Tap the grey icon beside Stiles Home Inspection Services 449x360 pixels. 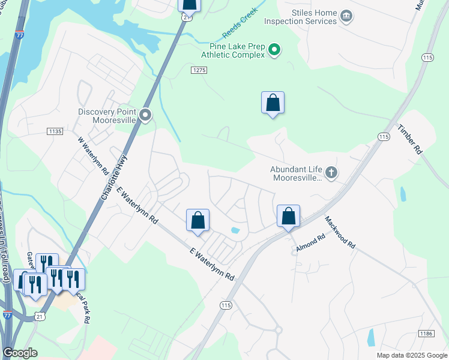[x=346, y=16]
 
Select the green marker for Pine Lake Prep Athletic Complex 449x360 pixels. [x=274, y=50]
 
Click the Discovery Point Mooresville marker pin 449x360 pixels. [x=145, y=115]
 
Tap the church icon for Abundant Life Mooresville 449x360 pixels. [x=331, y=174]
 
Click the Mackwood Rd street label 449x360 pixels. [x=340, y=232]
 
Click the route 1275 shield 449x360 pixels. [x=199, y=71]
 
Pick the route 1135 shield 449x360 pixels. [x=55, y=131]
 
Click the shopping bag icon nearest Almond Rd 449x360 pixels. [x=288, y=217]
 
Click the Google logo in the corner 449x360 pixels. [x=20, y=353]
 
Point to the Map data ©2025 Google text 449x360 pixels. [x=411, y=355]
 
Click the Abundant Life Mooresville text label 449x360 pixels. [x=297, y=174]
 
